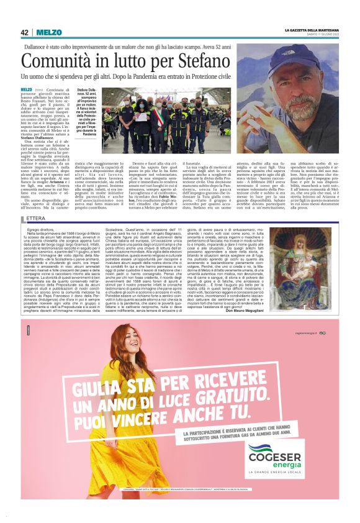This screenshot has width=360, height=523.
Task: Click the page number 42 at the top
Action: pyautogui.click(x=25, y=32)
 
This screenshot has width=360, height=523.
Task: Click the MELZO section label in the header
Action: pyautogui.click(x=48, y=32)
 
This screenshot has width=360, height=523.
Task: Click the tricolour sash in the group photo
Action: pyautogui.click(x=163, y=122)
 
